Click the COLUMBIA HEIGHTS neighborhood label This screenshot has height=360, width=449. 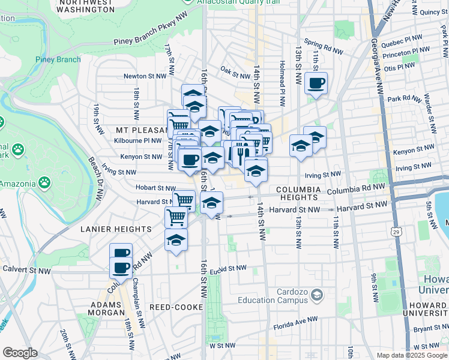(x=297, y=193)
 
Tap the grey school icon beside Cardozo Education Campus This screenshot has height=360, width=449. (x=318, y=295)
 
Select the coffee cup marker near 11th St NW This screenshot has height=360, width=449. (x=316, y=83)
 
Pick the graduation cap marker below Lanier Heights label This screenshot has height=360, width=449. (x=175, y=241)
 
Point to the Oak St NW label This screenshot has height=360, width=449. (x=235, y=76)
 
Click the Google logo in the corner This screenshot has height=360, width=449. (x=20, y=352)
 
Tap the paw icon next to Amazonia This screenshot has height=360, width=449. (x=44, y=181)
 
